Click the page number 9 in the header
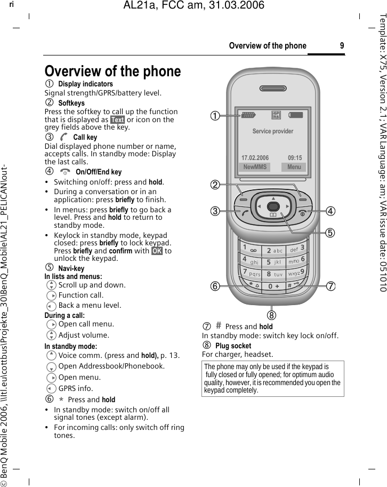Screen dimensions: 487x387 [341, 45]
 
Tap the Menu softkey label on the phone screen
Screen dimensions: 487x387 [294, 167]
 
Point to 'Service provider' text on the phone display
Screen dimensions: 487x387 [272, 131]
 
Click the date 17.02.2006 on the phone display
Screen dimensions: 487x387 [255, 158]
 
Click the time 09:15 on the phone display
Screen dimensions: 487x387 [294, 158]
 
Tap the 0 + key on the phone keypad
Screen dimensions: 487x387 [273, 286]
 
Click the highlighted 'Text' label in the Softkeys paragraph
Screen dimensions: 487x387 [117, 119]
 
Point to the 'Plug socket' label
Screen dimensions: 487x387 [233, 346]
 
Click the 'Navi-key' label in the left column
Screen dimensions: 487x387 [71, 268]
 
